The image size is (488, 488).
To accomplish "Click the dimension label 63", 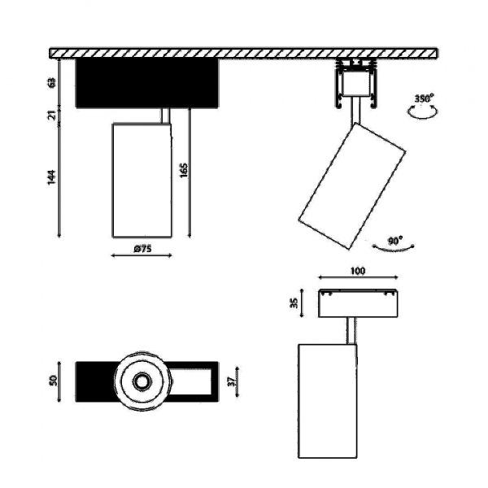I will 52,82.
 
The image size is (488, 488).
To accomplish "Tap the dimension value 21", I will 52,115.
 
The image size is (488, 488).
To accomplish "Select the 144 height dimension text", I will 51,176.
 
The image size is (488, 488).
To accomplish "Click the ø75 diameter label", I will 142,250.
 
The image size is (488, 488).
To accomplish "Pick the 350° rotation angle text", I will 424,98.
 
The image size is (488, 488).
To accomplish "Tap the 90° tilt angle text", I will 396,241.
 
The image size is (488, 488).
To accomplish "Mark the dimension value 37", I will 232,381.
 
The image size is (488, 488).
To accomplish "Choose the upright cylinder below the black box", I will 141,180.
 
